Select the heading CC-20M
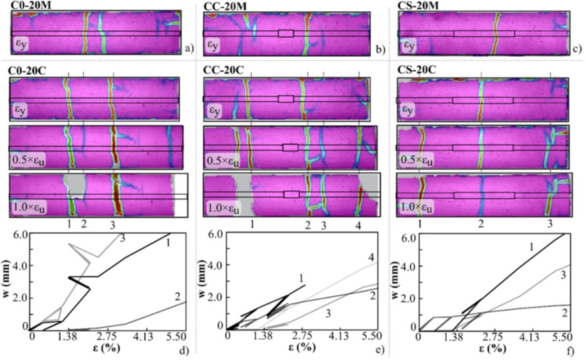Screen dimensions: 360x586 [226, 5]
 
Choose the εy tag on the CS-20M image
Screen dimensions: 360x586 [409, 46]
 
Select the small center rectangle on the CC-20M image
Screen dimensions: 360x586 [286, 33]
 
